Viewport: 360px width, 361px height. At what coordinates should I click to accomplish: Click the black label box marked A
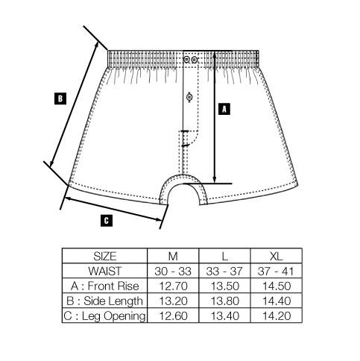[224, 109]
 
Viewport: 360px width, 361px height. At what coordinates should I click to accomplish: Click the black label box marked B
[60, 98]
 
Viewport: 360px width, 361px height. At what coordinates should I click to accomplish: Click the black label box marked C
[107, 221]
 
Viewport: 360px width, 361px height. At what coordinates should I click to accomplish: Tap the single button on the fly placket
[189, 97]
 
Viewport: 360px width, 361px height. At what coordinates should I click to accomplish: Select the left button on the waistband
[186, 60]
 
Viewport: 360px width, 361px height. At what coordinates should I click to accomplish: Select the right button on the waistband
[195, 60]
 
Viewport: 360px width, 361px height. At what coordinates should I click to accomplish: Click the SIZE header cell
[105, 256]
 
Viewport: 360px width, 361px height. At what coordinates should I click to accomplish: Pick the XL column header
[277, 256]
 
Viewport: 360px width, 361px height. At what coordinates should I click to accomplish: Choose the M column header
[173, 256]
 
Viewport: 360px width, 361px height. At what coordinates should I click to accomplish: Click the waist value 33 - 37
[224, 271]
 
